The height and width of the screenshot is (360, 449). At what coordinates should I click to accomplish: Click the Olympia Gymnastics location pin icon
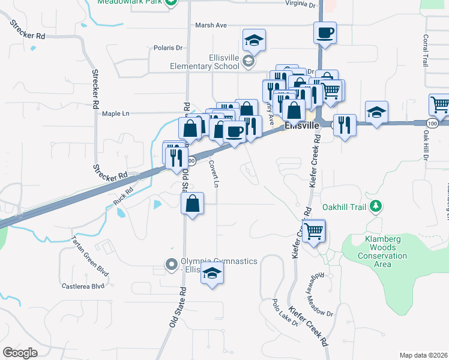coord(172,263)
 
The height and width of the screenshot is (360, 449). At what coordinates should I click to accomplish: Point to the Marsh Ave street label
coord(211,25)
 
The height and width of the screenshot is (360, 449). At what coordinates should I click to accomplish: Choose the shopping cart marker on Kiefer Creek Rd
coord(314,231)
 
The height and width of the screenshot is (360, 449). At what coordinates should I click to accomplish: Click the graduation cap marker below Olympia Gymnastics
coord(212,274)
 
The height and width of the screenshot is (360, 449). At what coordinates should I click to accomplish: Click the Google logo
coord(20,353)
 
